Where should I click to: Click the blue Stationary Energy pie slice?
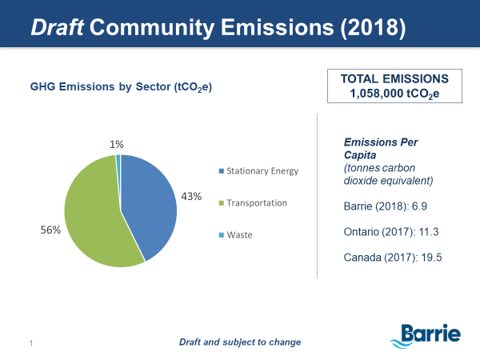(x=152, y=204)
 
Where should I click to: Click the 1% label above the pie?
(x=117, y=144)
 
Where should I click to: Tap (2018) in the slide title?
(x=367, y=27)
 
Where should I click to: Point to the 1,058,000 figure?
(x=375, y=94)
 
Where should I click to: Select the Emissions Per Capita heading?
(x=374, y=149)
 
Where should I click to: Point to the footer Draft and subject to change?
(x=239, y=342)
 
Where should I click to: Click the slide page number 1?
(x=30, y=343)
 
